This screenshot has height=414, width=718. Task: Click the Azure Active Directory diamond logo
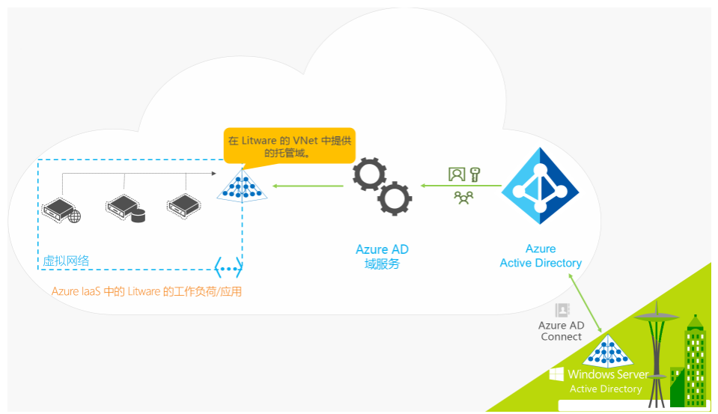click(541, 186)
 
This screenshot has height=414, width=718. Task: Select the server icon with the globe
click(61, 210)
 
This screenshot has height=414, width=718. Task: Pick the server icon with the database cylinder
click(125, 208)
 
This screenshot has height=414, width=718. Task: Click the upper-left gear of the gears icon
click(369, 174)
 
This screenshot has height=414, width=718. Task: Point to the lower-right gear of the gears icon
click(395, 198)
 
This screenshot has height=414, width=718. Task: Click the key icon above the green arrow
click(475, 174)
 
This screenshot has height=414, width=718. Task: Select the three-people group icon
click(463, 198)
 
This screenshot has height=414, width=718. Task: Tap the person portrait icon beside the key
click(457, 174)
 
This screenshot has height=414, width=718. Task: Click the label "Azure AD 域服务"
click(382, 257)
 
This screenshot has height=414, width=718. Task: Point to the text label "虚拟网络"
click(66, 261)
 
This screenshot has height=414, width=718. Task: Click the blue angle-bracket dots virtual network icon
click(228, 267)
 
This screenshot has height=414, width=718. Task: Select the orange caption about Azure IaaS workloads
click(147, 292)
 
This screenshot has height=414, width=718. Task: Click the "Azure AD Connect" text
click(561, 331)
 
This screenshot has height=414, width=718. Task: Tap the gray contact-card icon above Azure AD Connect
click(562, 310)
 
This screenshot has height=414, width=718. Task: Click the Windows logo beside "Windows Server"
click(556, 374)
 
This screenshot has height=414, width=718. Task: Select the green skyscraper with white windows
click(695, 361)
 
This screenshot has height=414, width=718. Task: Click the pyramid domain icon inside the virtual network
click(242, 186)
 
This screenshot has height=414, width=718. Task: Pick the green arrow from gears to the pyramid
click(308, 186)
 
